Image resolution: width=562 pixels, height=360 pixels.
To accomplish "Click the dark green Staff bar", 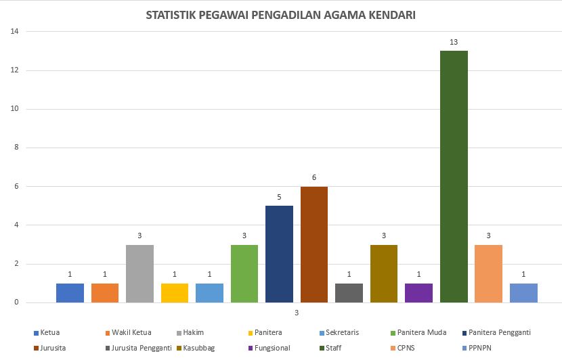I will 454,177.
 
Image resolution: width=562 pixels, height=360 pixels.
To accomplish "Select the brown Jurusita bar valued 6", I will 314,244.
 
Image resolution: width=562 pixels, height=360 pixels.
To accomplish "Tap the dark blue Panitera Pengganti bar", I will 279,254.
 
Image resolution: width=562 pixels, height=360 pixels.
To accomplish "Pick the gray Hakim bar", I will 139,273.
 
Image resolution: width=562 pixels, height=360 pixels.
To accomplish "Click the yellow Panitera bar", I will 175,293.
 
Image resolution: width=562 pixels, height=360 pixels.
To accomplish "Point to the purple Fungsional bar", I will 418,293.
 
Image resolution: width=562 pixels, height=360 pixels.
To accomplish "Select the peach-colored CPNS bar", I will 488,273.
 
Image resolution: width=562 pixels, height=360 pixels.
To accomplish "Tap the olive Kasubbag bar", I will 384,273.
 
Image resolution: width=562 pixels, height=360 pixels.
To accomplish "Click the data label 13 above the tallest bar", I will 454,42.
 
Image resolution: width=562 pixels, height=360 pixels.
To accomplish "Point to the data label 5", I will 279,197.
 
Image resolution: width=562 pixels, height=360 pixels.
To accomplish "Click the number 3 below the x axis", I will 297,313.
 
